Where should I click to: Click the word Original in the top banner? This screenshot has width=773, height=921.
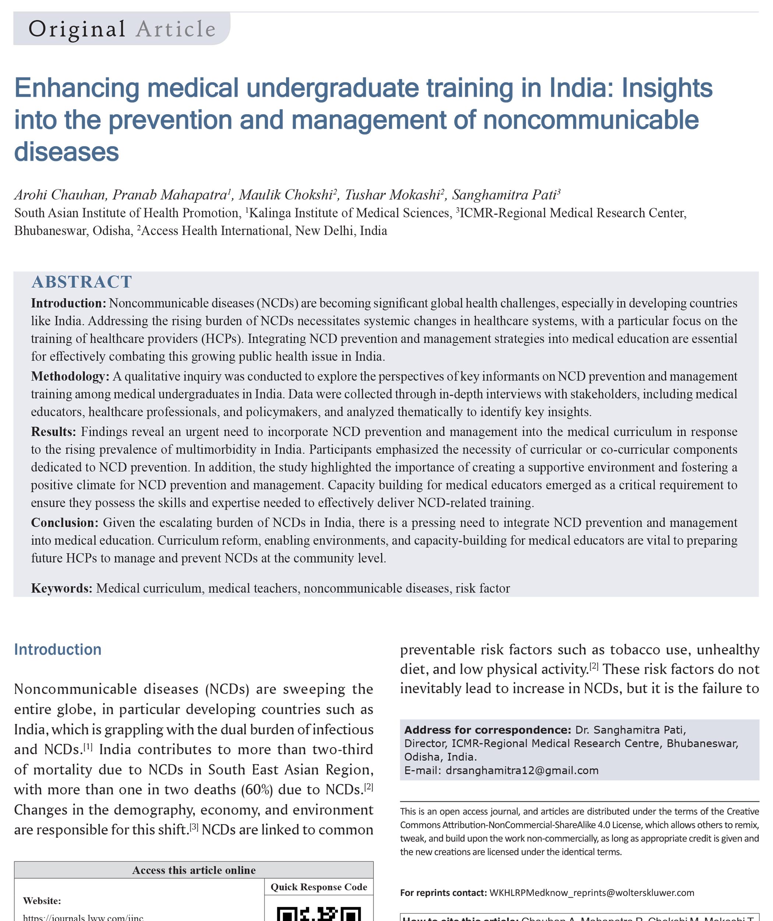pyautogui.click(x=77, y=29)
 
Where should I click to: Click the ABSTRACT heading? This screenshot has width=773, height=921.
pyautogui.click(x=81, y=282)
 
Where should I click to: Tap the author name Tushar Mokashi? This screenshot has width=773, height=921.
pyautogui.click(x=392, y=195)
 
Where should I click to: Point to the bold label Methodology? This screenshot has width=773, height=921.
pyautogui.click(x=70, y=376)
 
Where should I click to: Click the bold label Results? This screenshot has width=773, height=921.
pyautogui.click(x=53, y=431)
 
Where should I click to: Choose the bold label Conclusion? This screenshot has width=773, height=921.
pyautogui.click(x=65, y=522)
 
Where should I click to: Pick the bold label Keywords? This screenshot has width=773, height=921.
pyautogui.click(x=62, y=588)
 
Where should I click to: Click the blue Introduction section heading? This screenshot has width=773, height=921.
pyautogui.click(x=58, y=649)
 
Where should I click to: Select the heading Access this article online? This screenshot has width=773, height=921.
pyautogui.click(x=194, y=870)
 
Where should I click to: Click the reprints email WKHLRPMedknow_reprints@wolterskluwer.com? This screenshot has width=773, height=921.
pyautogui.click(x=592, y=893)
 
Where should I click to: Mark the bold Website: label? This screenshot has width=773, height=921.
pyautogui.click(x=42, y=901)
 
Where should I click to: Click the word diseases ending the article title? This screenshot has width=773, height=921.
pyautogui.click(x=67, y=152)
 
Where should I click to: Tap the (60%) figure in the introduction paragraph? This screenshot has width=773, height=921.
pyautogui.click(x=257, y=789)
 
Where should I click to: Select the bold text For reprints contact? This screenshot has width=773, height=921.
pyautogui.click(x=443, y=893)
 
